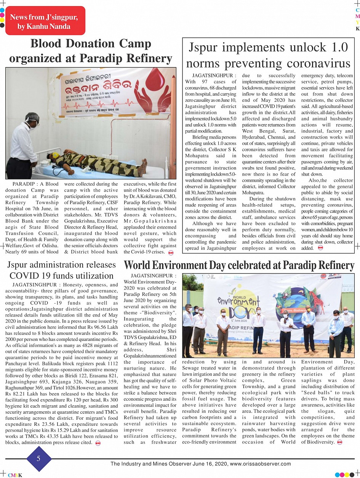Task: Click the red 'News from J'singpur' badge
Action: click(x=45, y=21)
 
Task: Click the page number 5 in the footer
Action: click(x=38, y=458)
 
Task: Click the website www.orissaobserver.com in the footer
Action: click(x=261, y=464)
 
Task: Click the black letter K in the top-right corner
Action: click(x=357, y=29)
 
